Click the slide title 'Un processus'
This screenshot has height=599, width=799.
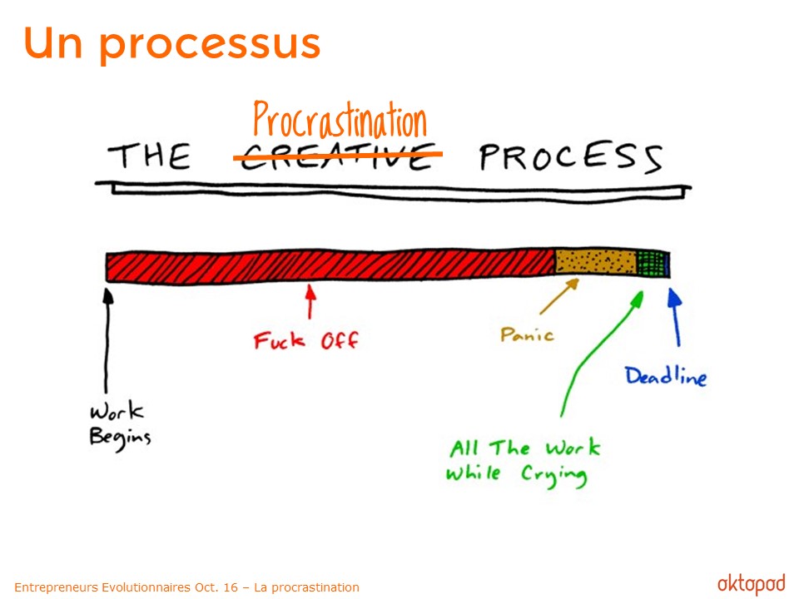coord(171,45)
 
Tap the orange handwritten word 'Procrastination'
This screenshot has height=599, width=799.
coord(340,120)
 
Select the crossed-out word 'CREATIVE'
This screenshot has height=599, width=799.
coord(337,156)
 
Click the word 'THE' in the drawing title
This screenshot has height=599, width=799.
coord(149,156)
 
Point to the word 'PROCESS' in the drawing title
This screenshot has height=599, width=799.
coord(571,157)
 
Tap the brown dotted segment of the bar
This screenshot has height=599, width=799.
coord(596,262)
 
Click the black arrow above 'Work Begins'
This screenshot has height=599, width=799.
coord(107,340)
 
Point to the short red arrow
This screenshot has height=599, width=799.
coord(310,301)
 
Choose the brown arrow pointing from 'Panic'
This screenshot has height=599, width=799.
coord(559,296)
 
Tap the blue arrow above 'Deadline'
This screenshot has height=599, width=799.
coord(675,317)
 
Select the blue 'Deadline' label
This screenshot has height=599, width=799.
coord(666,376)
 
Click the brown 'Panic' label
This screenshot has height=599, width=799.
coord(527,334)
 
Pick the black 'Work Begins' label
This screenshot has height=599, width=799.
coord(120,426)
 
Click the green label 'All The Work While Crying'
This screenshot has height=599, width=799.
coord(524,462)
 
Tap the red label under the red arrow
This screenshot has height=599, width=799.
coord(305,340)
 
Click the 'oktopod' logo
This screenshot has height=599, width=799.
coord(751,584)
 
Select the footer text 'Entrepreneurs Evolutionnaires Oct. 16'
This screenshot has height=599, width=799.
coord(127,587)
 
